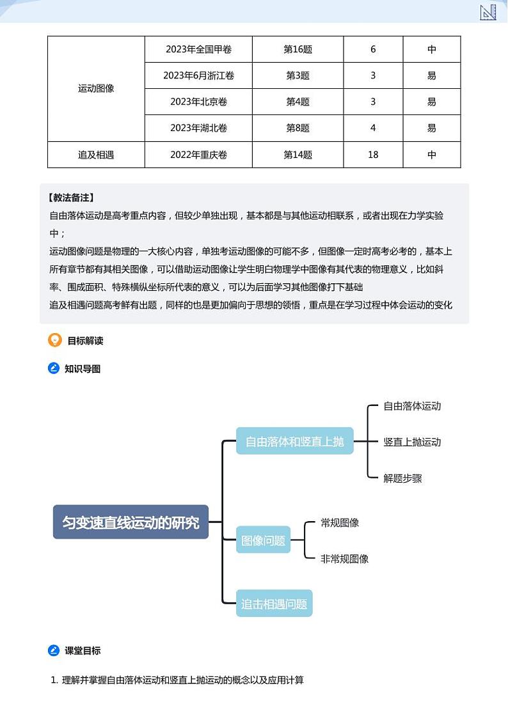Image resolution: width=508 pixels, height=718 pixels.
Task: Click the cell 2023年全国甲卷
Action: [x=198, y=49]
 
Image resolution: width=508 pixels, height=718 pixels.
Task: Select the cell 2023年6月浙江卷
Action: [x=198, y=75]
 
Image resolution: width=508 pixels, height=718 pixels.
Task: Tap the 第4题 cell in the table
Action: [x=298, y=102]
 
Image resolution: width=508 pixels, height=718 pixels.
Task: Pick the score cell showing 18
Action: [x=373, y=155]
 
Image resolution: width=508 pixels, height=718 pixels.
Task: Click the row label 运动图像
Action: [x=96, y=89]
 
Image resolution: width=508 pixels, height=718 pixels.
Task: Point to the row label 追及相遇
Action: [x=96, y=155]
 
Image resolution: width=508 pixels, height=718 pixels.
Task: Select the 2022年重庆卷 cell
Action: [x=198, y=155]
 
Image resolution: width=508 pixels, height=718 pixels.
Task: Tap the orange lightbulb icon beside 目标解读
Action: [x=55, y=340]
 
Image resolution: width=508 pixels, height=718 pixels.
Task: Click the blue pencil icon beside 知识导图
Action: [x=54, y=368]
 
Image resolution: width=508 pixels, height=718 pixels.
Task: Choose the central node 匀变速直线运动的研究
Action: [x=131, y=522]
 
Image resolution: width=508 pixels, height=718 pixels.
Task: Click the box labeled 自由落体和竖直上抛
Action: [x=294, y=441]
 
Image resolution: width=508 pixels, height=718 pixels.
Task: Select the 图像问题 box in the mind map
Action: [x=263, y=540]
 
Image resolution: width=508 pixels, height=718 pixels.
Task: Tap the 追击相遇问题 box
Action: [x=274, y=604]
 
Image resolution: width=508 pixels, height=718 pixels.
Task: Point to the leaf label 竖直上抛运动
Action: [x=412, y=442]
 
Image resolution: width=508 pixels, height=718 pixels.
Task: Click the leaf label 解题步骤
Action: [x=402, y=478]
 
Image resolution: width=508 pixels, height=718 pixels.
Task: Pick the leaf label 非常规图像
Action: [x=344, y=559]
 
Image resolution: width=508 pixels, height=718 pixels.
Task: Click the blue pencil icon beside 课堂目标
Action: [x=54, y=651]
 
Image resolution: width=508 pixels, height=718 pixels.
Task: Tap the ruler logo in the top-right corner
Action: [x=488, y=12]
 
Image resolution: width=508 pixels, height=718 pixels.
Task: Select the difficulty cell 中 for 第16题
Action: [x=432, y=49]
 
